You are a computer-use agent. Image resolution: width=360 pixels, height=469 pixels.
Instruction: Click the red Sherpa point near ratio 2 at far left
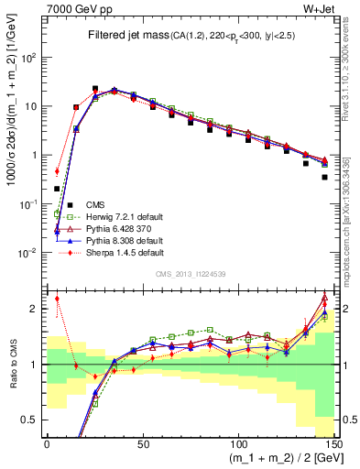click(57, 298)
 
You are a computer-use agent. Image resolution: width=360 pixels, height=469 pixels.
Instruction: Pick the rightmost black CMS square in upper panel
click(325, 178)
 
